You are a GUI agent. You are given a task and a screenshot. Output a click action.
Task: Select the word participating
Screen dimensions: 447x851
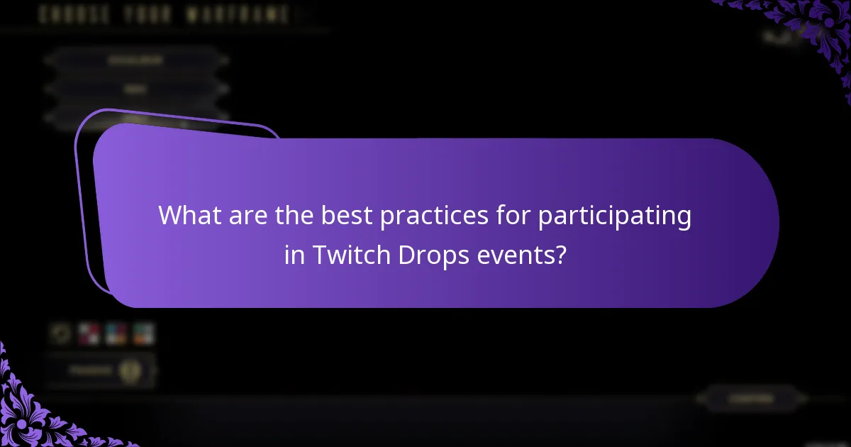click(614, 216)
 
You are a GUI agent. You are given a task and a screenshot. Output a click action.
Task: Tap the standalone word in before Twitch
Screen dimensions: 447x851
click(294, 254)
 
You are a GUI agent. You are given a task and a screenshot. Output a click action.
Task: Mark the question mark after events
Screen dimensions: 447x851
click(562, 254)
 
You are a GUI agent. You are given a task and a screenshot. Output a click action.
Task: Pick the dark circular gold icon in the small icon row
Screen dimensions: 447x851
click(62, 333)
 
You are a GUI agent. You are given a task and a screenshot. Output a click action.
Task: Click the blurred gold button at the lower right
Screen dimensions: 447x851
click(751, 399)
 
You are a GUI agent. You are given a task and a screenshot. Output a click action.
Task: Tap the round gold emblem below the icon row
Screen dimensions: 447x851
click(129, 370)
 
